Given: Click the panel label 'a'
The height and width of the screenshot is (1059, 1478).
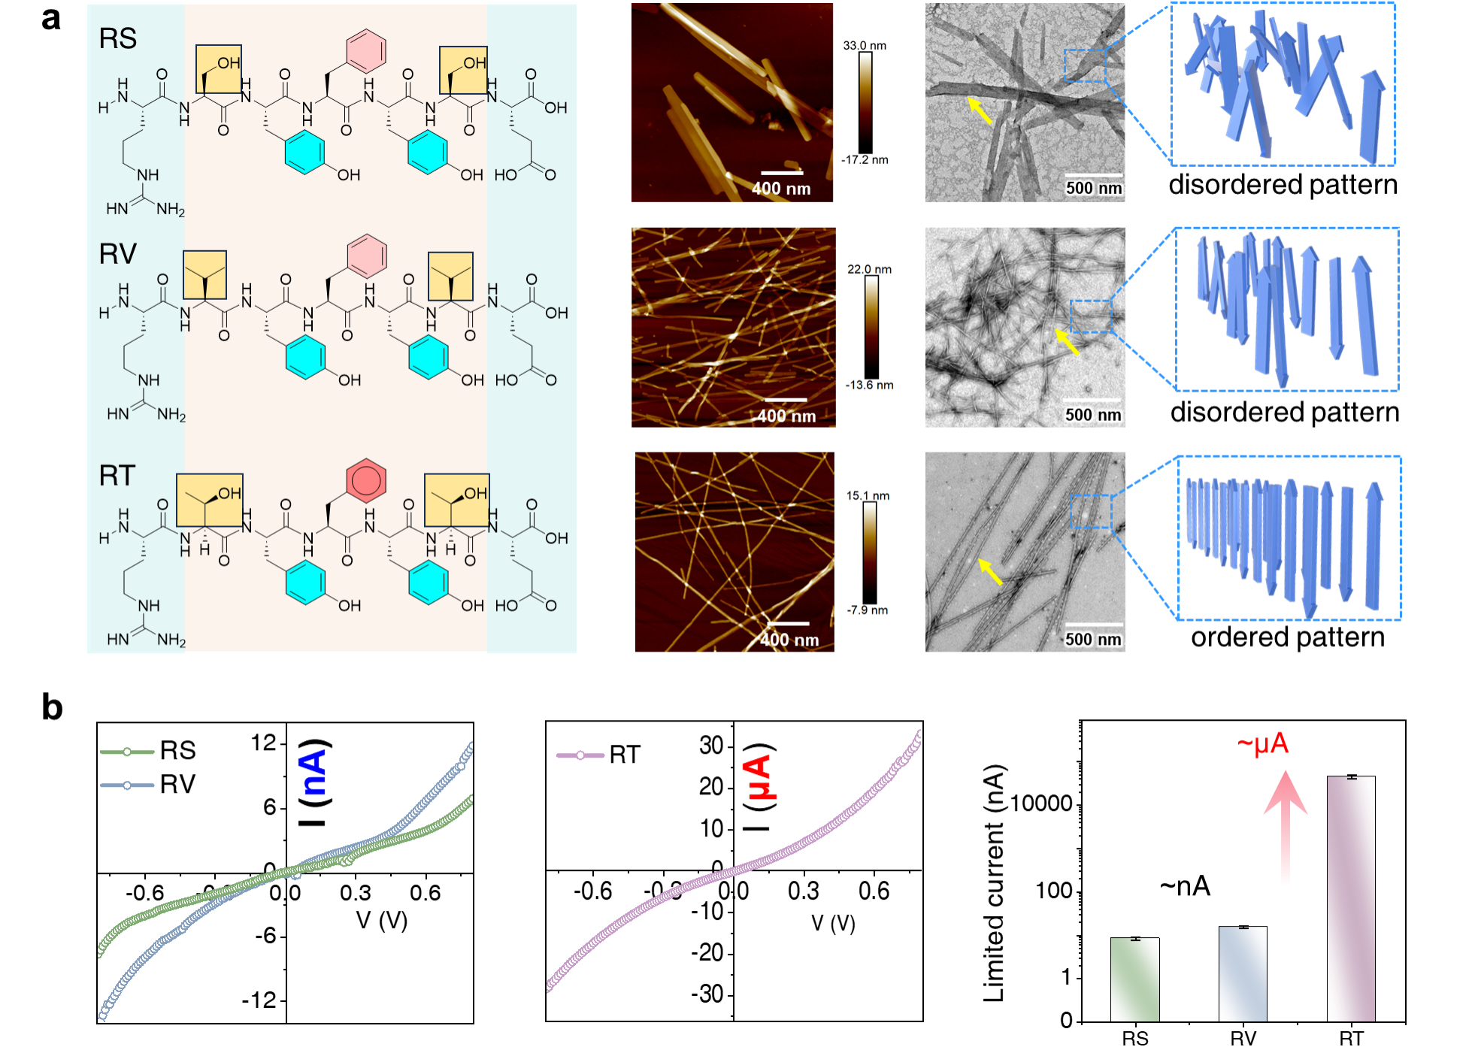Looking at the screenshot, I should [x=50, y=19].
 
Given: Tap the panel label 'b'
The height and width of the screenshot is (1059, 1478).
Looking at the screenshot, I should [x=52, y=707].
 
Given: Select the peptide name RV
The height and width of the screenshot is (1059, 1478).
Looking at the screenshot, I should [x=117, y=254].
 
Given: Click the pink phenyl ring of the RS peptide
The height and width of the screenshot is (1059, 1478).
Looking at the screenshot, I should [x=366, y=49].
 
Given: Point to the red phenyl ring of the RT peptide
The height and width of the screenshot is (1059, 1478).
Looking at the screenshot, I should [x=366, y=480].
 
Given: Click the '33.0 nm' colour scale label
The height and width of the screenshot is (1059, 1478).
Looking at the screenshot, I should [x=864, y=45].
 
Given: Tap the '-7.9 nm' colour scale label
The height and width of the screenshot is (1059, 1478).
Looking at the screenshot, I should [x=867, y=610].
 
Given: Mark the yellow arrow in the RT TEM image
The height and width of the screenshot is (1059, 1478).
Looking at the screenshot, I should [x=991, y=572].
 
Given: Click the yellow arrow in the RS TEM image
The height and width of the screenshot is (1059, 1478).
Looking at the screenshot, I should [x=980, y=110].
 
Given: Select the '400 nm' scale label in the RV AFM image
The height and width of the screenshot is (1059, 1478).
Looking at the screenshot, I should [x=786, y=416].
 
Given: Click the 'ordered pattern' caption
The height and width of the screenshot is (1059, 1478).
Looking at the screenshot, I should [x=1287, y=637].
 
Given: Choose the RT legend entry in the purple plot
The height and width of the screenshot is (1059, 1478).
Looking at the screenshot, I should [x=598, y=755].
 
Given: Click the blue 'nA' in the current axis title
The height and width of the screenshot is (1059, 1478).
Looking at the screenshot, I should [x=313, y=767].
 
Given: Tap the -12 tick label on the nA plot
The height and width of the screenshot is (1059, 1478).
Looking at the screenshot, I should [x=259, y=1000].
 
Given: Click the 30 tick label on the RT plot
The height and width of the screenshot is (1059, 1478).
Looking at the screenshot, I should [x=710, y=746].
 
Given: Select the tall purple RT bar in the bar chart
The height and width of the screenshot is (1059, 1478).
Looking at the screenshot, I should [x=1350, y=898].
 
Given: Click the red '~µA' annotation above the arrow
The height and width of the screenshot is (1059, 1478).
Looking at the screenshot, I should [x=1262, y=744].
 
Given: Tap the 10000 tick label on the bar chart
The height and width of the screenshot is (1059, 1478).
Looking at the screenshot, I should [x=1041, y=803].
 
